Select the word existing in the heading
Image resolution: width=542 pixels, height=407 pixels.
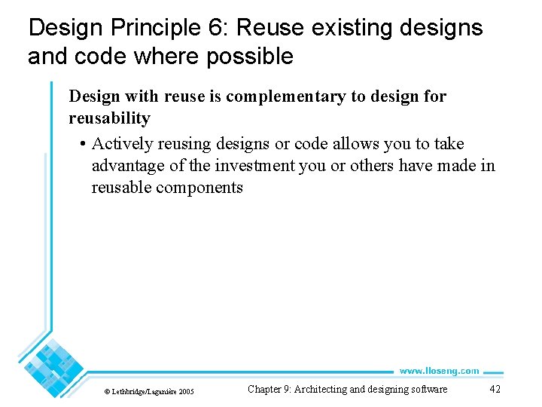[344, 29]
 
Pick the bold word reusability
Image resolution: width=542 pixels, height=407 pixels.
[109, 118]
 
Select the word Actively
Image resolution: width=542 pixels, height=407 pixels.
[119, 144]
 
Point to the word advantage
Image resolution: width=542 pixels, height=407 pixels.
[126, 166]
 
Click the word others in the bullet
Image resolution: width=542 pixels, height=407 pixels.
[358, 166]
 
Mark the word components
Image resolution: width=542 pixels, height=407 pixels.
[199, 188]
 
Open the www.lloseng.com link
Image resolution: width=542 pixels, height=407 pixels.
[439, 371]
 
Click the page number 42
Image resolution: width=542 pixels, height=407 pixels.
[495, 389]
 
